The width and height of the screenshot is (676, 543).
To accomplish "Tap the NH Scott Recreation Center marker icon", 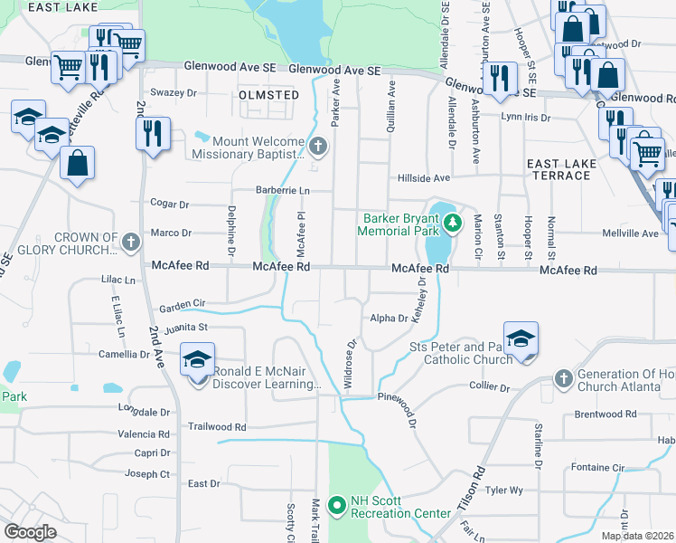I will coord(338,506).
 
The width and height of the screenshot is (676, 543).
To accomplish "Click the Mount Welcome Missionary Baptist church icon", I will coord(317,145).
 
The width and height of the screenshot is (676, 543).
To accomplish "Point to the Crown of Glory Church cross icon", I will coord(131,242).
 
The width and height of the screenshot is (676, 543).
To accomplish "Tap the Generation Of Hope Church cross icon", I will coord(563,376).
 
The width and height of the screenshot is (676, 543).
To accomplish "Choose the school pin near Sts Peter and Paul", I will coord(521,339).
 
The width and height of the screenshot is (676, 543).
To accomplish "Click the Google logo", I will coord(31,532).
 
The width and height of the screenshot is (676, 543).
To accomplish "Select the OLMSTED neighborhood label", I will coord(268,94).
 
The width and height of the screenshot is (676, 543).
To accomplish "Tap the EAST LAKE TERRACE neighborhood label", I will coord(559,169).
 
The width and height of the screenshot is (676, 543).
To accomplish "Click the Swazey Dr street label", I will coord(174,93).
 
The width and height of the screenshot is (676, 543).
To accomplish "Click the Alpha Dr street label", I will coord(390,318).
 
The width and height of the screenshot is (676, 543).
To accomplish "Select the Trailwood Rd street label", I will coord(216,425).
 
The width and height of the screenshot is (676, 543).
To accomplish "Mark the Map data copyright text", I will coord(638,536).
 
